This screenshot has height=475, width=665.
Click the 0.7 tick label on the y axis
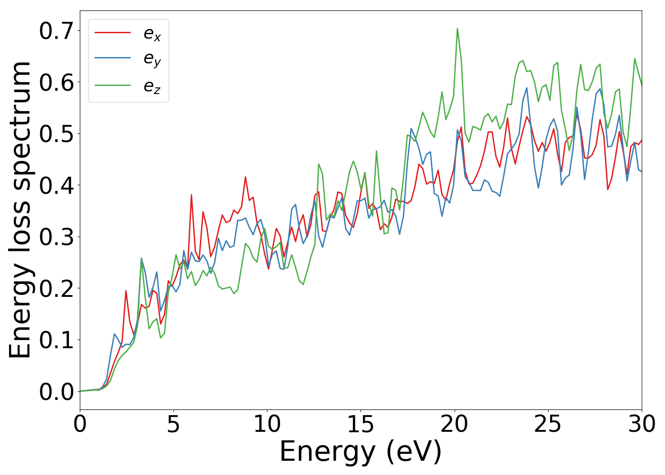(56, 31)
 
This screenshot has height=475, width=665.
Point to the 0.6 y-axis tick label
(56, 83)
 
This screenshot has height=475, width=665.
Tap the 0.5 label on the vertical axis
(56, 134)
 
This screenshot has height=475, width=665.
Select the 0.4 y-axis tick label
(56, 185)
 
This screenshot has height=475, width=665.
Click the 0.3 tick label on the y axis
(56, 237)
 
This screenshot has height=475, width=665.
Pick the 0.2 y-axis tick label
(56, 288)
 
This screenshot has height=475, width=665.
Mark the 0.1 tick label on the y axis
(56, 340)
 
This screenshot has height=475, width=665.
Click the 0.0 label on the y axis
(56, 392)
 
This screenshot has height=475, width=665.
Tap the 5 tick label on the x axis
(173, 424)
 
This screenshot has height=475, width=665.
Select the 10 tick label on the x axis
(267, 424)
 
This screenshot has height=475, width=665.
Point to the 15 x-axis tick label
(361, 424)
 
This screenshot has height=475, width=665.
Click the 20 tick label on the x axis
(454, 424)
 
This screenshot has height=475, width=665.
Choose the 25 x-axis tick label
(548, 424)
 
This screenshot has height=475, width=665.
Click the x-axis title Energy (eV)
(361, 452)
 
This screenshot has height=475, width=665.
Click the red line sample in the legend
(113, 32)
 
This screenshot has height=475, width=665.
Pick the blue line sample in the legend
(113, 58)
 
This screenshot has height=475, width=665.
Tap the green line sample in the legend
(113, 85)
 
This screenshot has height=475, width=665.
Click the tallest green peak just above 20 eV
(457, 28)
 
